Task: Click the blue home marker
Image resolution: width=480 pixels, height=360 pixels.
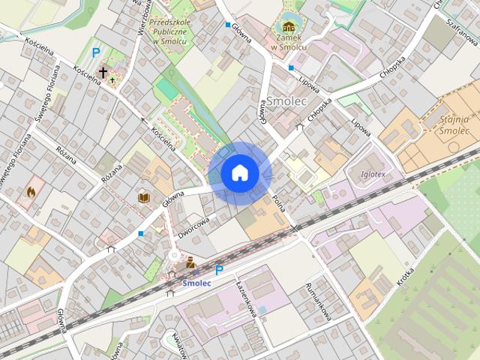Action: coord(240,173)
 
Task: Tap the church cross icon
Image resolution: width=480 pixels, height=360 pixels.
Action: coord(103,73)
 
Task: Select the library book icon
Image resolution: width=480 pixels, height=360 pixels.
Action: coord(144,197)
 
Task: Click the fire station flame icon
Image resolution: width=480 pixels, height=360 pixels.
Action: coord(31,192)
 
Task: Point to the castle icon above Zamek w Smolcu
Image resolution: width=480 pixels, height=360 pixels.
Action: coord(289,27)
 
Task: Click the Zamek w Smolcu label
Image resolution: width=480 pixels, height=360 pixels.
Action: coord(289,42)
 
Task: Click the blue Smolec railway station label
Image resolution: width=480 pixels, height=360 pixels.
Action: coord(196,283)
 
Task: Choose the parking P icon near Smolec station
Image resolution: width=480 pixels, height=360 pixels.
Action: coord(219,270)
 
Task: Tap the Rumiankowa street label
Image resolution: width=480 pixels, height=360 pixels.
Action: coord(319,302)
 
